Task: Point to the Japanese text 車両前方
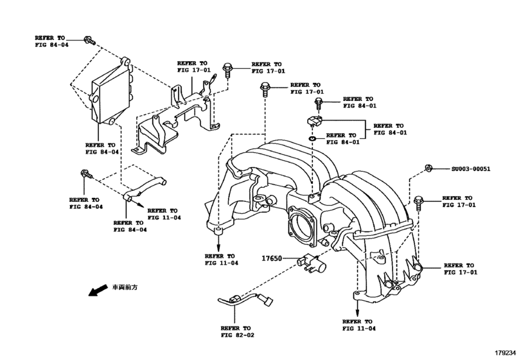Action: (125, 287)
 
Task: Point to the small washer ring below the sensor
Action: (312, 137)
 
